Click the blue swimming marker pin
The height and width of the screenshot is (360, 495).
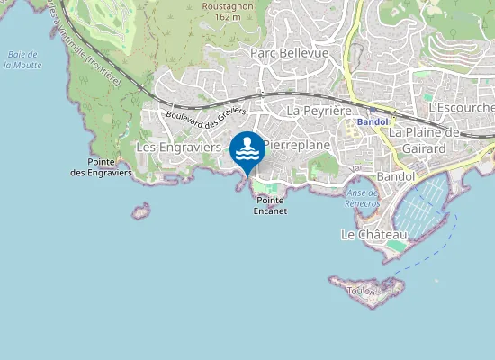[x=247, y=149]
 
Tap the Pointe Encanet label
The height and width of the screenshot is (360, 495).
[x=270, y=205]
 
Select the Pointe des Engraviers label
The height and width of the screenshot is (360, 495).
[x=102, y=166]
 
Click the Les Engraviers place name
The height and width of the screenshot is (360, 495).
[x=178, y=146]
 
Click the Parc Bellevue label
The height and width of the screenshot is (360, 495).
[x=289, y=54]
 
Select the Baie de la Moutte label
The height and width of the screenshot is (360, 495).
[x=24, y=59]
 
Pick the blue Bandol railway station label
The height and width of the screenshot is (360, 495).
[x=372, y=121]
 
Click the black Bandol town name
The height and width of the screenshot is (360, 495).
[x=396, y=176]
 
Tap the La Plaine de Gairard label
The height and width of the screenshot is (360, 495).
[x=424, y=139]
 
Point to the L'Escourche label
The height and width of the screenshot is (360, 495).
[x=459, y=108]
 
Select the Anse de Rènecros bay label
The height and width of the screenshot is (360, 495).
[x=363, y=198]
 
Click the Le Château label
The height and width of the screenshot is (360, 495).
[x=373, y=235]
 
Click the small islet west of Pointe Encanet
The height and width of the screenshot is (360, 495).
[x=140, y=211]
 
